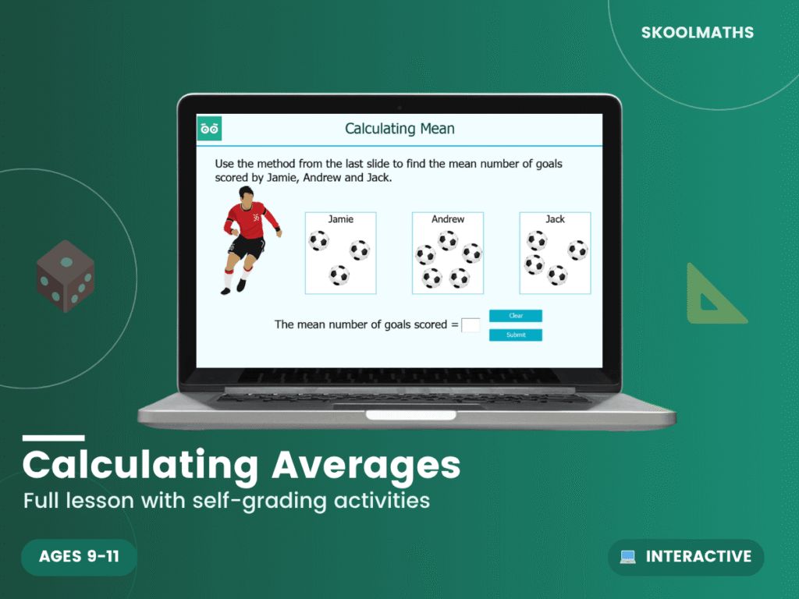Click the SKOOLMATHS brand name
[697, 34]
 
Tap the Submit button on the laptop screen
[515, 335]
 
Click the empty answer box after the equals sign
[471, 325]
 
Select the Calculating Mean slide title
[399, 129]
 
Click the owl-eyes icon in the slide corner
[209, 129]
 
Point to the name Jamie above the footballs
[340, 219]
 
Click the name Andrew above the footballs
[448, 219]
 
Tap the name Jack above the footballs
[555, 219]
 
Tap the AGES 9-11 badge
[79, 557]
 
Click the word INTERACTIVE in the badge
[698, 557]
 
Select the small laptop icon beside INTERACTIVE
[628, 557]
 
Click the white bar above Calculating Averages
[53, 438]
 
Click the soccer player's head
[247, 194]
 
